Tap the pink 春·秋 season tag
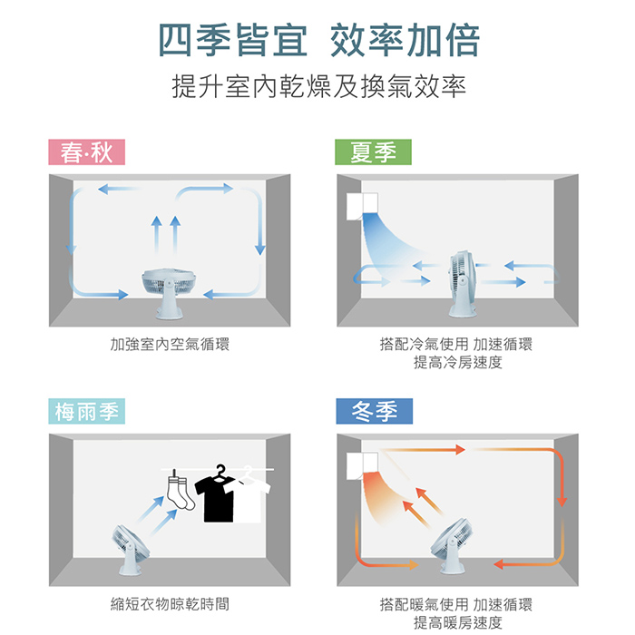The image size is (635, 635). (86, 152)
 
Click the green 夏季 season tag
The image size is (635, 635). (373, 152)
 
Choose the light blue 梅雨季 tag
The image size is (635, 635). (86, 412)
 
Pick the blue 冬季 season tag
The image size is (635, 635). (373, 412)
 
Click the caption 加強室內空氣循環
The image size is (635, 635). (170, 345)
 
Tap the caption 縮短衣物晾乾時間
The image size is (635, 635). (170, 603)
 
